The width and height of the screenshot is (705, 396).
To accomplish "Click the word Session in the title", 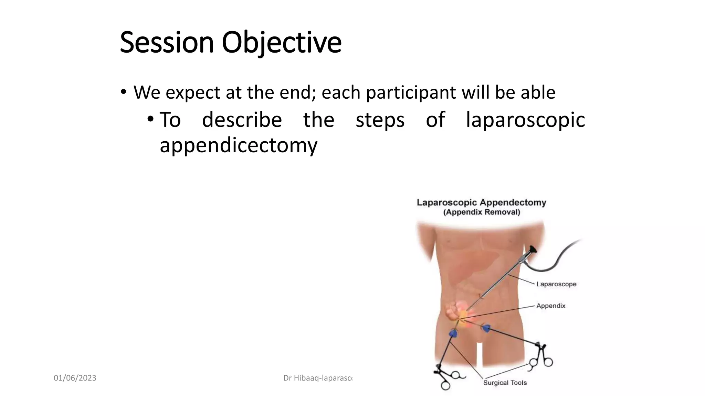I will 167,43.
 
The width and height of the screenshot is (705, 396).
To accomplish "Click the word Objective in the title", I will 281,43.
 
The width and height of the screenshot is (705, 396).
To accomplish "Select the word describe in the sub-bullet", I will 242,120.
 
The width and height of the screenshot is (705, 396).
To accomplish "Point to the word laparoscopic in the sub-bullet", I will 525,120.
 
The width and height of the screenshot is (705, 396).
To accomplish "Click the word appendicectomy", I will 238,145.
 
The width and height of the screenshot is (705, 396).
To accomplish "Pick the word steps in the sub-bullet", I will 380,120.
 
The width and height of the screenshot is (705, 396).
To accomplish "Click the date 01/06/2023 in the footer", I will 75,378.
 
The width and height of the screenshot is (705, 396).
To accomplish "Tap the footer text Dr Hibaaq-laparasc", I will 317,378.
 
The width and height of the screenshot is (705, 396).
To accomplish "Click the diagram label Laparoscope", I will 556,284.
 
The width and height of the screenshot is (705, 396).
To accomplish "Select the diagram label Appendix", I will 550,306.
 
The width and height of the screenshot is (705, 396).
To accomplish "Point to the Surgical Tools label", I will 505,383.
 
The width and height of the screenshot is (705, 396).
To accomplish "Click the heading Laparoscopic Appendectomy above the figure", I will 481,202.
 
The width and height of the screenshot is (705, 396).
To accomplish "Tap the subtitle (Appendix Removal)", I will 481,212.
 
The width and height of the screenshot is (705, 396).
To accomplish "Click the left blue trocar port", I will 453,333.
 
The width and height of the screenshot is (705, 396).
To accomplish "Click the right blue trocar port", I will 486,328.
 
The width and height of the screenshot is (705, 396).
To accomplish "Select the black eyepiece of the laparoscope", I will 533,250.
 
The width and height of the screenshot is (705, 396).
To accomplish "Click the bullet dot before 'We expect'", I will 123,92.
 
